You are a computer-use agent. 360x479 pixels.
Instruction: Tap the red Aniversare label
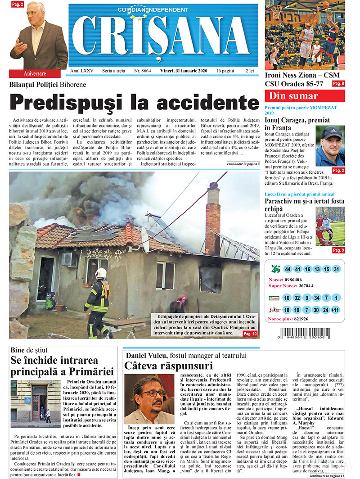pos(34,73)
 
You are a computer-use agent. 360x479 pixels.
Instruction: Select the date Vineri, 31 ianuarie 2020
pos(185,72)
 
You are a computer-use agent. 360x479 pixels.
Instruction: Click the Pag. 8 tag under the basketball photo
pos(338,84)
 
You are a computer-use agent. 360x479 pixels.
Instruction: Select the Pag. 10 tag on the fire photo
pos(250,334)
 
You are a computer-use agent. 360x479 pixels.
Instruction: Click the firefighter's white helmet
pos(101,273)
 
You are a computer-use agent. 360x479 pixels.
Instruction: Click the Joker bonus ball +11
pos(336,310)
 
